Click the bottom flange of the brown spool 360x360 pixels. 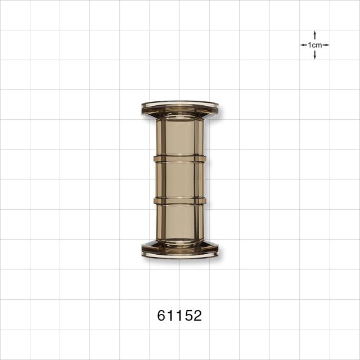pos(180,250)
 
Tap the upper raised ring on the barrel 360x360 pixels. pos(180,159)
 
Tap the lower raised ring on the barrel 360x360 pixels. pos(180,201)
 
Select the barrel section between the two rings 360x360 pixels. pos(180,179)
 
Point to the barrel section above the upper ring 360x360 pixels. pos(180,137)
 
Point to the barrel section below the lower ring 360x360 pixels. pos(180,222)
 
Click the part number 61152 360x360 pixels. pos(179,316)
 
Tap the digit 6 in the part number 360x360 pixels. pos(161,316)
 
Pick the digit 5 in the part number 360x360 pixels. pos(188,316)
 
